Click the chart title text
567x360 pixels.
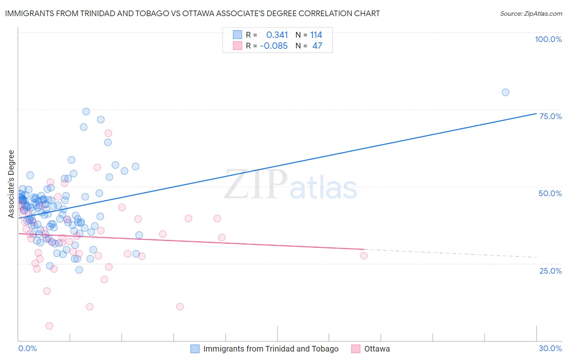(x=192, y=14)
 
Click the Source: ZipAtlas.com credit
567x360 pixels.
(x=531, y=14)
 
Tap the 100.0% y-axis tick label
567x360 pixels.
(x=548, y=39)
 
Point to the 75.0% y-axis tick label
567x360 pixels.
(x=550, y=116)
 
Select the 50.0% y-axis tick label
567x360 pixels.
(x=550, y=193)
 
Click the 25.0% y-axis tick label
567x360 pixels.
(x=550, y=271)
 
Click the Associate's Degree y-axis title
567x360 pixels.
(x=11, y=184)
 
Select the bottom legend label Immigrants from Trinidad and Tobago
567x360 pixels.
(x=271, y=349)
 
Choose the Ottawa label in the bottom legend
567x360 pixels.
(x=377, y=349)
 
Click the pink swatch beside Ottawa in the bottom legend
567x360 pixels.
(x=356, y=349)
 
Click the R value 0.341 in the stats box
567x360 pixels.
(x=277, y=35)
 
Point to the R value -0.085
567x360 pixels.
(x=273, y=46)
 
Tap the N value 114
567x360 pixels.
(x=316, y=35)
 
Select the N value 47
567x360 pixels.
(x=317, y=46)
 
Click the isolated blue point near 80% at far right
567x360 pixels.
(x=505, y=92)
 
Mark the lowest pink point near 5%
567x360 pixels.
(x=49, y=326)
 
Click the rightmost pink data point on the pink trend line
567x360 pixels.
(x=364, y=255)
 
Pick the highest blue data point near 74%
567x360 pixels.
(x=86, y=111)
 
